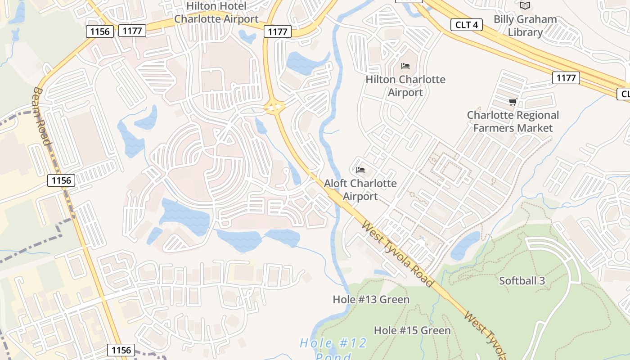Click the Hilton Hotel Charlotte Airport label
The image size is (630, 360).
pyautogui.click(x=216, y=13)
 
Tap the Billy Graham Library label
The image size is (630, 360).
pyautogui.click(x=525, y=26)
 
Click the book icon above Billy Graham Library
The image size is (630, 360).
pyautogui.click(x=525, y=6)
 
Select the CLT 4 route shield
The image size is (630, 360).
pyautogui.click(x=467, y=25)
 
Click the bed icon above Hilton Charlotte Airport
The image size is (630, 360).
pyautogui.click(x=405, y=66)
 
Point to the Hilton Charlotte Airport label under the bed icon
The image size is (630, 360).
pyautogui.click(x=405, y=86)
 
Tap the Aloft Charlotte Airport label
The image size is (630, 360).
pyautogui.click(x=360, y=190)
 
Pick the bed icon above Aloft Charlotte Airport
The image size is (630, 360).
pyautogui.click(x=360, y=170)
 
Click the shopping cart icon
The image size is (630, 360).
pyautogui.click(x=513, y=102)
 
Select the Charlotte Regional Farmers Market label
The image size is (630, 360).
pyautogui.click(x=513, y=121)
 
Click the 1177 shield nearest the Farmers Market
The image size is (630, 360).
pyautogui.click(x=566, y=78)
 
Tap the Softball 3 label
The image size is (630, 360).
pyautogui.click(x=522, y=281)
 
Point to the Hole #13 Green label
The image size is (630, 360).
pyautogui.click(x=371, y=299)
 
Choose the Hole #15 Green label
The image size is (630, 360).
pyautogui.click(x=412, y=330)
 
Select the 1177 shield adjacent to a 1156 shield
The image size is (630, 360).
pyautogui.click(x=132, y=31)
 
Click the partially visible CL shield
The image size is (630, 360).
pyautogui.click(x=624, y=94)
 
